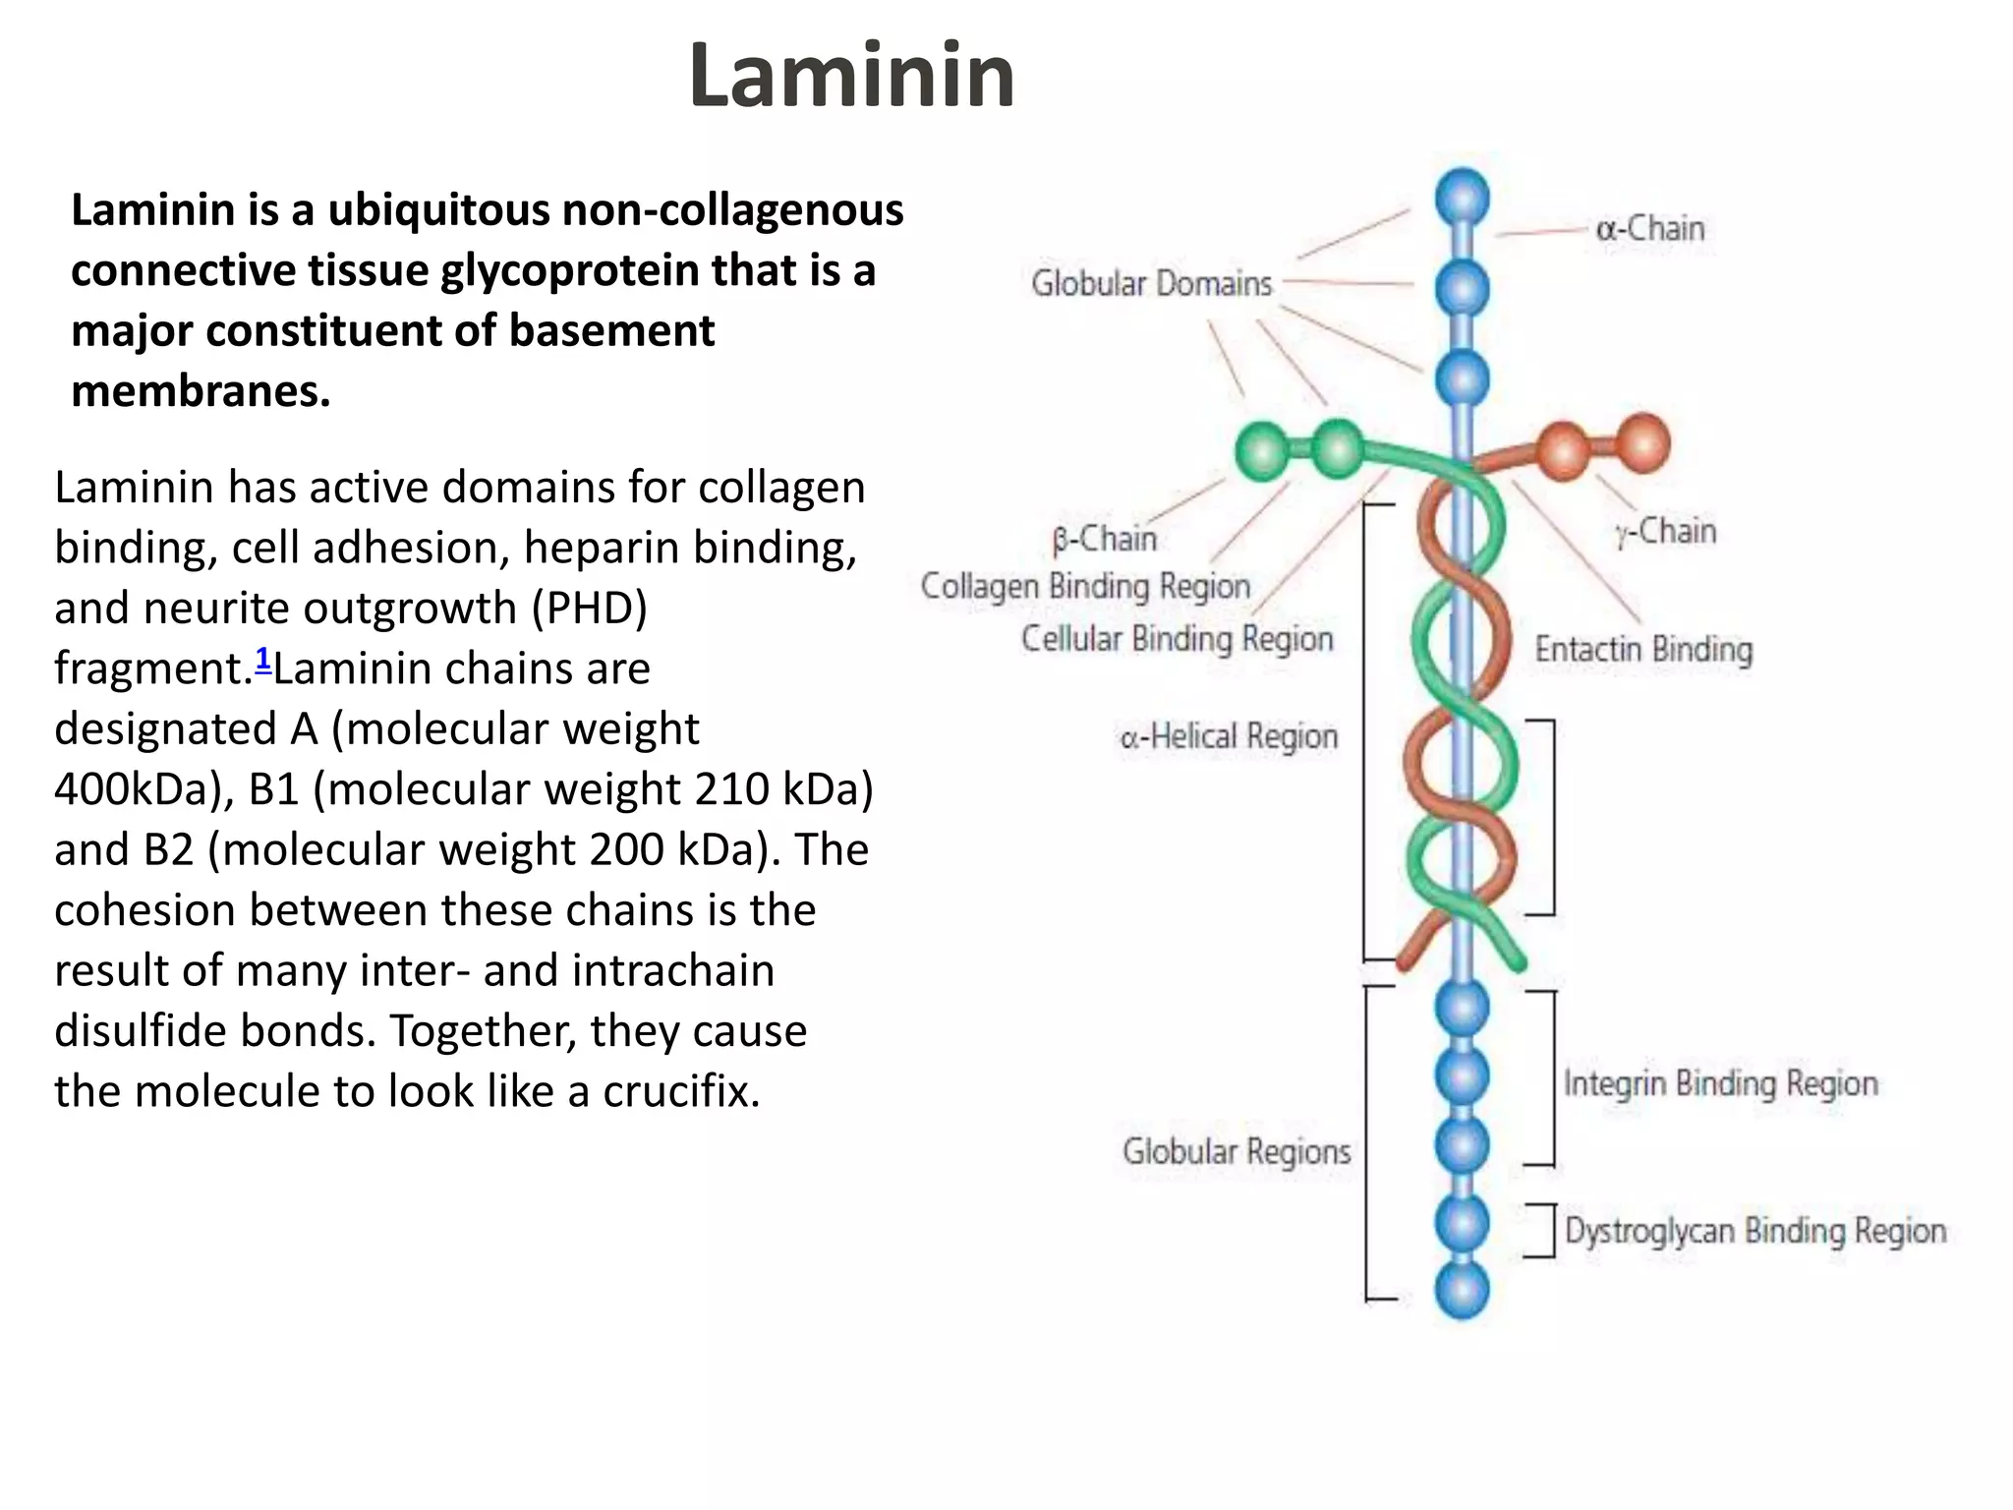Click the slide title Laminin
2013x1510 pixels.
tap(851, 76)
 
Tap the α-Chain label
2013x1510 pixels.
tap(1650, 229)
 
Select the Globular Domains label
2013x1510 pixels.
tap(1151, 283)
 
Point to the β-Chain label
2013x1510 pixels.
tap(1104, 539)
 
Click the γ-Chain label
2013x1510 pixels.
tap(1665, 531)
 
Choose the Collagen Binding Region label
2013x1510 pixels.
tap(1085, 586)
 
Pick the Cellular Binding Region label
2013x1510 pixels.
tap(1177, 638)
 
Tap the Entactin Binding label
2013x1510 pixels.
tap(1643, 650)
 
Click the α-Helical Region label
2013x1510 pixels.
tap(1229, 736)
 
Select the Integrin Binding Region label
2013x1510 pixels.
tap(1720, 1083)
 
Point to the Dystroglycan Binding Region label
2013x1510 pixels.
tap(1754, 1231)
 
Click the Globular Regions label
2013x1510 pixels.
tap(1237, 1151)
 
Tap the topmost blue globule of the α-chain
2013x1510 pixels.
tap(1462, 198)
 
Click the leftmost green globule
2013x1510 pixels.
tap(1263, 451)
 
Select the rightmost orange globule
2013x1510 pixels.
tap(1642, 443)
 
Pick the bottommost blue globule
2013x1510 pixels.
tap(1462, 1291)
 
